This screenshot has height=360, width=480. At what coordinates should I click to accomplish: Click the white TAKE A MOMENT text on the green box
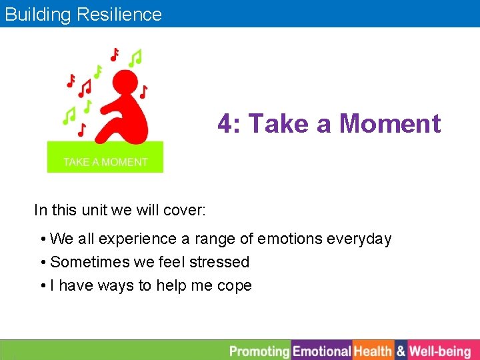(x=105, y=162)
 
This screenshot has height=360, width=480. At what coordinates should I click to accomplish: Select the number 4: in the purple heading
(x=229, y=124)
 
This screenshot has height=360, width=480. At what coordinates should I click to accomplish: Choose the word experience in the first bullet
(x=137, y=239)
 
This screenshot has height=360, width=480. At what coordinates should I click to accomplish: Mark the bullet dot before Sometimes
(x=43, y=263)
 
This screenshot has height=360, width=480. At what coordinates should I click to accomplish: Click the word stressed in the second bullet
(x=219, y=262)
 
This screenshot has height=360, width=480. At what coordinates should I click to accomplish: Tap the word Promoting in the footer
(x=259, y=351)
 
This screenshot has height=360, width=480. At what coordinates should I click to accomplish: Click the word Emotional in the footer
(x=322, y=351)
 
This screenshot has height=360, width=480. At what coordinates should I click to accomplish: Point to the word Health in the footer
(x=373, y=351)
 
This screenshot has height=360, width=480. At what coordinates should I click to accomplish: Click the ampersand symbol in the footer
(x=401, y=351)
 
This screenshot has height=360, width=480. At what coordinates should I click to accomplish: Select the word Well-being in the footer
(x=440, y=351)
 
